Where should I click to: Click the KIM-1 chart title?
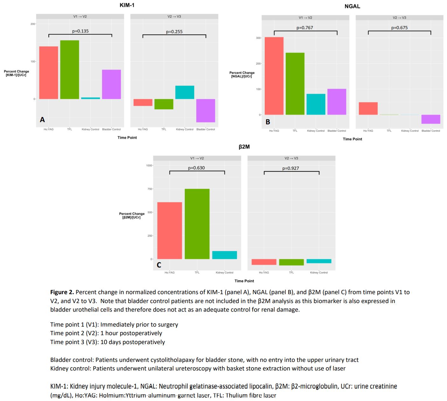point(127,5)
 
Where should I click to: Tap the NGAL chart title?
point(352,6)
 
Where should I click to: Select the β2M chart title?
point(244,147)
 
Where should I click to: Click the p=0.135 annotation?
point(80,31)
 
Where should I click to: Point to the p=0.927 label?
point(290,168)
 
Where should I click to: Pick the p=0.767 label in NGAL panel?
point(304,28)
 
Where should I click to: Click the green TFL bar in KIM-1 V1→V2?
point(70,70)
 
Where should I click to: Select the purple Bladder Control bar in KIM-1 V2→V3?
point(206,110)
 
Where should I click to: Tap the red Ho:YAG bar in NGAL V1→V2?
point(274,76)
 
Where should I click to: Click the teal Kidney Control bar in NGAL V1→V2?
point(316,104)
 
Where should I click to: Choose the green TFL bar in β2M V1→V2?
point(197,224)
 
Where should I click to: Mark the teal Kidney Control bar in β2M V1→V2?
point(224,255)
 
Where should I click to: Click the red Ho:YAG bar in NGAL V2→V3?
point(368,108)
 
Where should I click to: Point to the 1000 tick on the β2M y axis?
point(149,165)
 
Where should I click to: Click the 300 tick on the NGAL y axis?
point(258,38)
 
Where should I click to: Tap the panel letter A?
point(42,120)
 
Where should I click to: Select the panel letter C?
point(159,265)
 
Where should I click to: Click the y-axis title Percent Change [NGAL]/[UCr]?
point(242,74)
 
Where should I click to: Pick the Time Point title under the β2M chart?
point(244,281)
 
